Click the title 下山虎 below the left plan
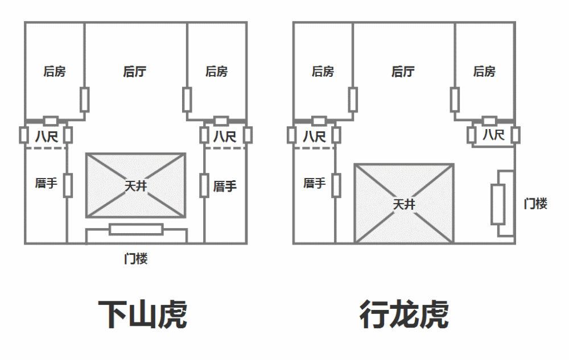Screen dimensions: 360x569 [142, 314]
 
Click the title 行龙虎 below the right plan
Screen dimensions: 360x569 [404, 314]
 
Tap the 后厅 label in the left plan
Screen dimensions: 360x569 [135, 72]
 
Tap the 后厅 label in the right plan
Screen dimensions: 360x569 [403, 72]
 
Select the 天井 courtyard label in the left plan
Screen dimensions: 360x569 [135, 185]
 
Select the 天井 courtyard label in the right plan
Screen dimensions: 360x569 [404, 204]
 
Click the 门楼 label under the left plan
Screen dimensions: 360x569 [136, 259]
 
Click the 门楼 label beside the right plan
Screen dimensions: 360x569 [535, 204]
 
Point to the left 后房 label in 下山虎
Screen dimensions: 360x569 [55, 72]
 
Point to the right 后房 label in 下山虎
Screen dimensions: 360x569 [216, 72]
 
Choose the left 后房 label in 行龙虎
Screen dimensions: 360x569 [323, 72]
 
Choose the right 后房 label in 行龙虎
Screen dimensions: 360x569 [484, 72]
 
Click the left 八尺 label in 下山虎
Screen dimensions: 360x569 [46, 136]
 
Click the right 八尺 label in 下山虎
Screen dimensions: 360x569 [225, 136]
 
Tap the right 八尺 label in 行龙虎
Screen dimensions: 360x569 [493, 135]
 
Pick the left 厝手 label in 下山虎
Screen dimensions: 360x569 [46, 184]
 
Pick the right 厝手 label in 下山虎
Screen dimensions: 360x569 [225, 186]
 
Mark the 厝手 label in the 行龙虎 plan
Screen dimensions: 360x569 [314, 184]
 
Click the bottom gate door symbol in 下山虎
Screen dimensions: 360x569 [136, 229]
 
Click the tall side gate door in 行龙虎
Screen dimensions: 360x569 [498, 204]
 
